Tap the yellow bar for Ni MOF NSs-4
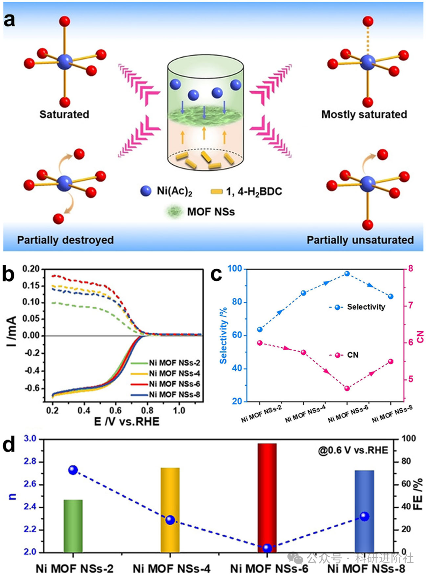[170, 509]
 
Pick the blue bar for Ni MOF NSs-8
[364, 511]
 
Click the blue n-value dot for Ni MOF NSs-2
[73, 470]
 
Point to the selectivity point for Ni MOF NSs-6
[347, 273]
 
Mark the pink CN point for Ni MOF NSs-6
[347, 388]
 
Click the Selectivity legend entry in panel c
[365, 307]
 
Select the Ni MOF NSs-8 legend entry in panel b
[174, 394]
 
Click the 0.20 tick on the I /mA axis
[31, 269]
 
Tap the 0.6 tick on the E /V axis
[115, 410]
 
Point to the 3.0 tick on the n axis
[30, 439]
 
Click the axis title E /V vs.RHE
[127, 422]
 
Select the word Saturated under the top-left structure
[64, 114]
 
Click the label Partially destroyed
[65, 240]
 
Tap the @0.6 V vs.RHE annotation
[353, 450]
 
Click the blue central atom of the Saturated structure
[64, 62]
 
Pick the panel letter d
[9, 444]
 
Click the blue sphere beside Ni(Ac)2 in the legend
[146, 191]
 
